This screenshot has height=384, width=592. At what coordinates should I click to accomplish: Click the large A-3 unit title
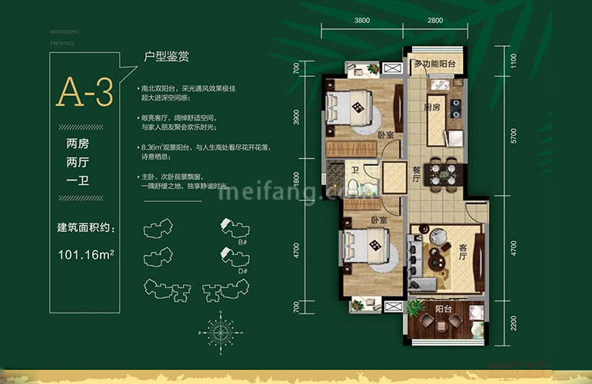[85, 92]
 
